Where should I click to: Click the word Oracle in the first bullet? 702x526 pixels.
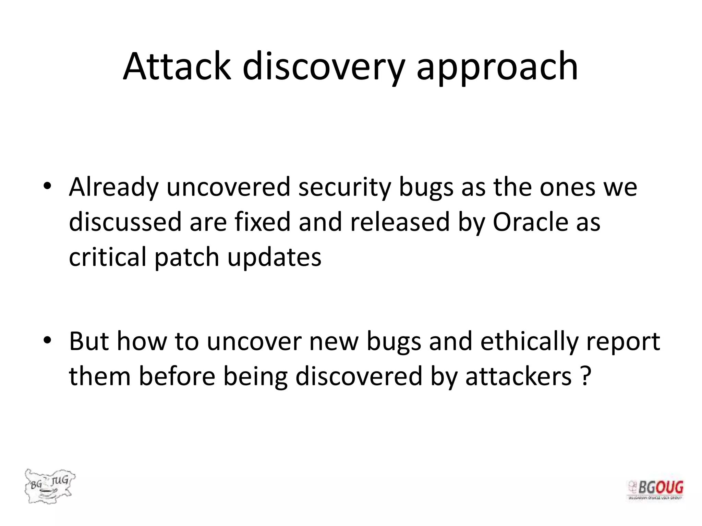(x=530, y=222)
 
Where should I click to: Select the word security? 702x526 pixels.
(x=344, y=188)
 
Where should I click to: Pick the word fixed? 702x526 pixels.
(x=263, y=222)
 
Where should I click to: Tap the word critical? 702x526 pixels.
(x=107, y=257)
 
